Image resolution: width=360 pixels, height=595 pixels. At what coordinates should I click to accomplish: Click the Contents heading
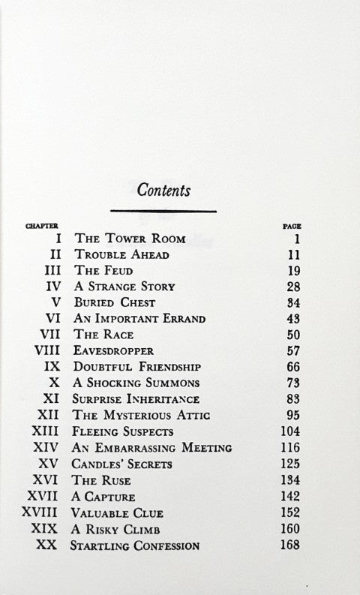pyautogui.click(x=163, y=190)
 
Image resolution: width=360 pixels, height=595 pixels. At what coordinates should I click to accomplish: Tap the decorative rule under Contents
pyautogui.click(x=163, y=212)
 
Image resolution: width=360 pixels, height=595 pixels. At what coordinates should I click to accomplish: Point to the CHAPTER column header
pyautogui.click(x=43, y=224)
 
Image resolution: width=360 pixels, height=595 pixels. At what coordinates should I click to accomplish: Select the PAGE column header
pyautogui.click(x=292, y=224)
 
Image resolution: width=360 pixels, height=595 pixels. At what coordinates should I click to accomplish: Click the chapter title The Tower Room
pyautogui.click(x=121, y=239)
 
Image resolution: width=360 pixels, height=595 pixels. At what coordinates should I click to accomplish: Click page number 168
pyautogui.click(x=288, y=545)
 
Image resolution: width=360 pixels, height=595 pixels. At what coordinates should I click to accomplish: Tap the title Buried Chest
pyautogui.click(x=115, y=302)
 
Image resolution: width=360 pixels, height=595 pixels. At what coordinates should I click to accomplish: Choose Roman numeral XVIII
pyautogui.click(x=44, y=513)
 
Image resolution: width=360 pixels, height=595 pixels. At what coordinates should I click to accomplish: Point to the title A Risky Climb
pyautogui.click(x=118, y=529)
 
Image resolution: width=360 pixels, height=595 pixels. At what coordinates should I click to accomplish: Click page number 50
pyautogui.click(x=291, y=335)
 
